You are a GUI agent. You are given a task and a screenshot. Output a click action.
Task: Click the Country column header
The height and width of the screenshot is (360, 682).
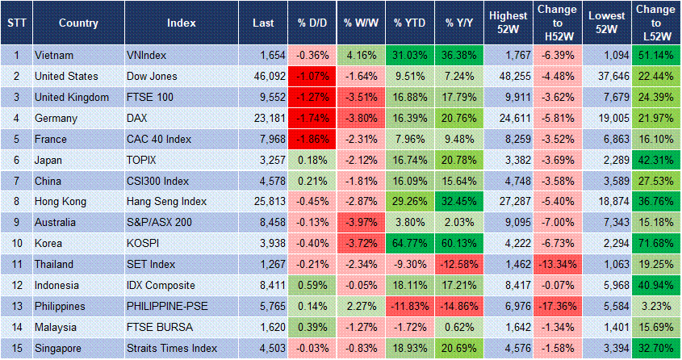77,23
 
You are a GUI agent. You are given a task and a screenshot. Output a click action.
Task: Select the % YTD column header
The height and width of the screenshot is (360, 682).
410,23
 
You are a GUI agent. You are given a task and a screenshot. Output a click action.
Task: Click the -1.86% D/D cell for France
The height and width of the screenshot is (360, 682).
312,139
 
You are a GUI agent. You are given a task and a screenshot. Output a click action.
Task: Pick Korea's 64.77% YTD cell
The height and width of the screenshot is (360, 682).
410,244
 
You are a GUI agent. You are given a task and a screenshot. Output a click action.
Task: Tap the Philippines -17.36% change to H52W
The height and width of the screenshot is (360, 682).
558,307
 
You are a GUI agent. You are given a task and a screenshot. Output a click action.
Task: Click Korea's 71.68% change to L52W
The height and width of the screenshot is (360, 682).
655,244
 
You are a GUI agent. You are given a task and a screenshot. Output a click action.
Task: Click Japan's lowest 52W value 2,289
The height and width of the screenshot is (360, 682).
606,160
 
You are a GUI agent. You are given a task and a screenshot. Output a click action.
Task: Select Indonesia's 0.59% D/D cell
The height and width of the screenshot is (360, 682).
312,286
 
